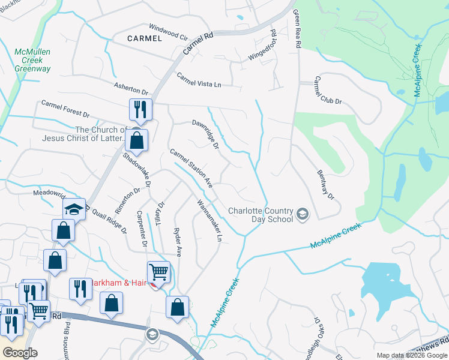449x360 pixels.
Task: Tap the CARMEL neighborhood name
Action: (x=145, y=38)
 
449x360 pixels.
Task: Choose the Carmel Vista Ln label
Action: (x=199, y=80)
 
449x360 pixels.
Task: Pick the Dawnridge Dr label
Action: (x=205, y=133)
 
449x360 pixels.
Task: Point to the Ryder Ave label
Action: (x=177, y=242)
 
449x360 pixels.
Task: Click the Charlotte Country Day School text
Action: (x=261, y=215)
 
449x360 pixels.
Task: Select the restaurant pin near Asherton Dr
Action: (x=140, y=110)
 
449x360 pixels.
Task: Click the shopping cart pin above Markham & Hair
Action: (x=158, y=272)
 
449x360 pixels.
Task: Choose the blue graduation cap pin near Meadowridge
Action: (x=74, y=209)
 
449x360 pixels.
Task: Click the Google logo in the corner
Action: (x=20, y=353)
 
